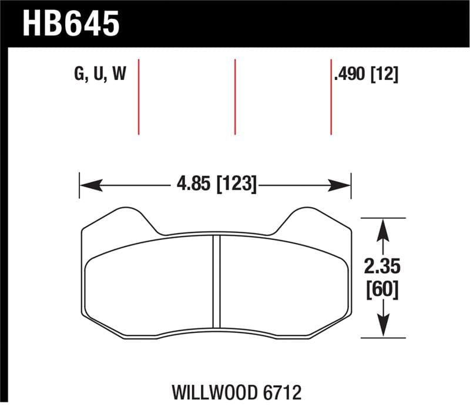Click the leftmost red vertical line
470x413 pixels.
pyautogui.click(x=139, y=96)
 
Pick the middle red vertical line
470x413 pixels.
pyautogui.click(x=235, y=96)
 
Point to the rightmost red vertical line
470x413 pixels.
pyautogui.click(x=331, y=96)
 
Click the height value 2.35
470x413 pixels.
pyautogui.click(x=382, y=267)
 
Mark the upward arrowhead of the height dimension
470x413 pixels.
pyautogui.click(x=382, y=227)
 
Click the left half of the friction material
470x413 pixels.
pyautogui.click(x=150, y=282)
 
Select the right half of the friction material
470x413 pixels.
pyautogui.click(x=282, y=282)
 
